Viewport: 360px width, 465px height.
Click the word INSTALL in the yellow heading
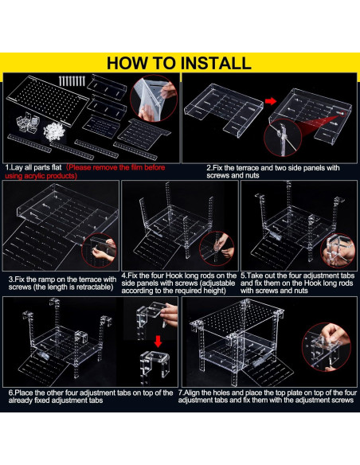pyautogui.click(x=216, y=63)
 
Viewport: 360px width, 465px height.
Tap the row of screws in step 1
pyautogui.click(x=72, y=81)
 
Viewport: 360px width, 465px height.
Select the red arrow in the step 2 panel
pyautogui.click(x=271, y=101)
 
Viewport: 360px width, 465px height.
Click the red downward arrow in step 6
pyautogui.click(x=158, y=342)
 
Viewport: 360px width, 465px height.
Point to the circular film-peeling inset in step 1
pyautogui.click(x=154, y=98)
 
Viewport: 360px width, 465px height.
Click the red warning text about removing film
pyautogui.click(x=85, y=172)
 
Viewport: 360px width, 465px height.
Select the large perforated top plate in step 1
pyautogui.click(x=48, y=100)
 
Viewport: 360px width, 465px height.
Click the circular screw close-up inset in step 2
pyautogui.click(x=283, y=137)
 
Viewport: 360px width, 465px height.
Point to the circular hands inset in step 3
pyautogui.click(x=99, y=250)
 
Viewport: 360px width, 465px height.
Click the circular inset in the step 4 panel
pyautogui.click(x=217, y=248)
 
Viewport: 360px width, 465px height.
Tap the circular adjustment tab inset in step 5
pyautogui.click(x=338, y=251)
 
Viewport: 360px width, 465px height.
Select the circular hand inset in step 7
pyautogui.click(x=327, y=347)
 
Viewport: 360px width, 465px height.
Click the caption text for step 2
pyautogui.click(x=273, y=171)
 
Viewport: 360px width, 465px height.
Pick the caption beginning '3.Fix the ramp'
pyautogui.click(x=62, y=283)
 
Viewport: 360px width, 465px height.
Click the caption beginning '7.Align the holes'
pyautogui.click(x=267, y=397)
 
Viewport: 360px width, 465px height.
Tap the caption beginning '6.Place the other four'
pyautogui.click(x=91, y=397)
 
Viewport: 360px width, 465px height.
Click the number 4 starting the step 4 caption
pyautogui.click(x=123, y=275)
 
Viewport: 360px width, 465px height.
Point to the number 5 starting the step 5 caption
pyautogui.click(x=243, y=275)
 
